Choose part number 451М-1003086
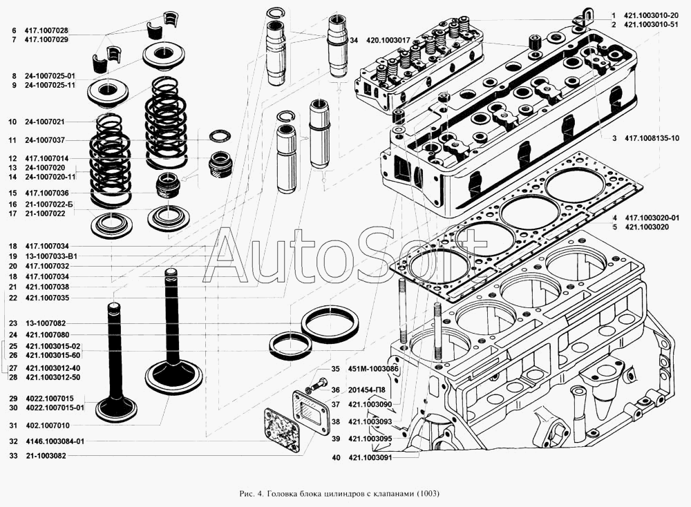375,369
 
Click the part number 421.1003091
370,457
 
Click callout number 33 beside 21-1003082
13,456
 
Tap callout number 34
353,40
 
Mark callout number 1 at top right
613,15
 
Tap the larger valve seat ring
332,325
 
